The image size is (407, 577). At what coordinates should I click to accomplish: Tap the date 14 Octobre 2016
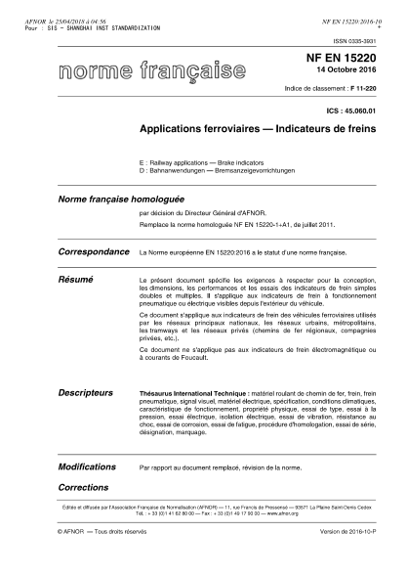coord(354,74)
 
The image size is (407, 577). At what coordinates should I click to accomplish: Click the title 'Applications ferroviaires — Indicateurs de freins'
coord(261,129)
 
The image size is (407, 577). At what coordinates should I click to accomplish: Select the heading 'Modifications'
coord(87,467)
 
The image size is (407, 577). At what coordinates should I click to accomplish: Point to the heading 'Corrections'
coord(83,485)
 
